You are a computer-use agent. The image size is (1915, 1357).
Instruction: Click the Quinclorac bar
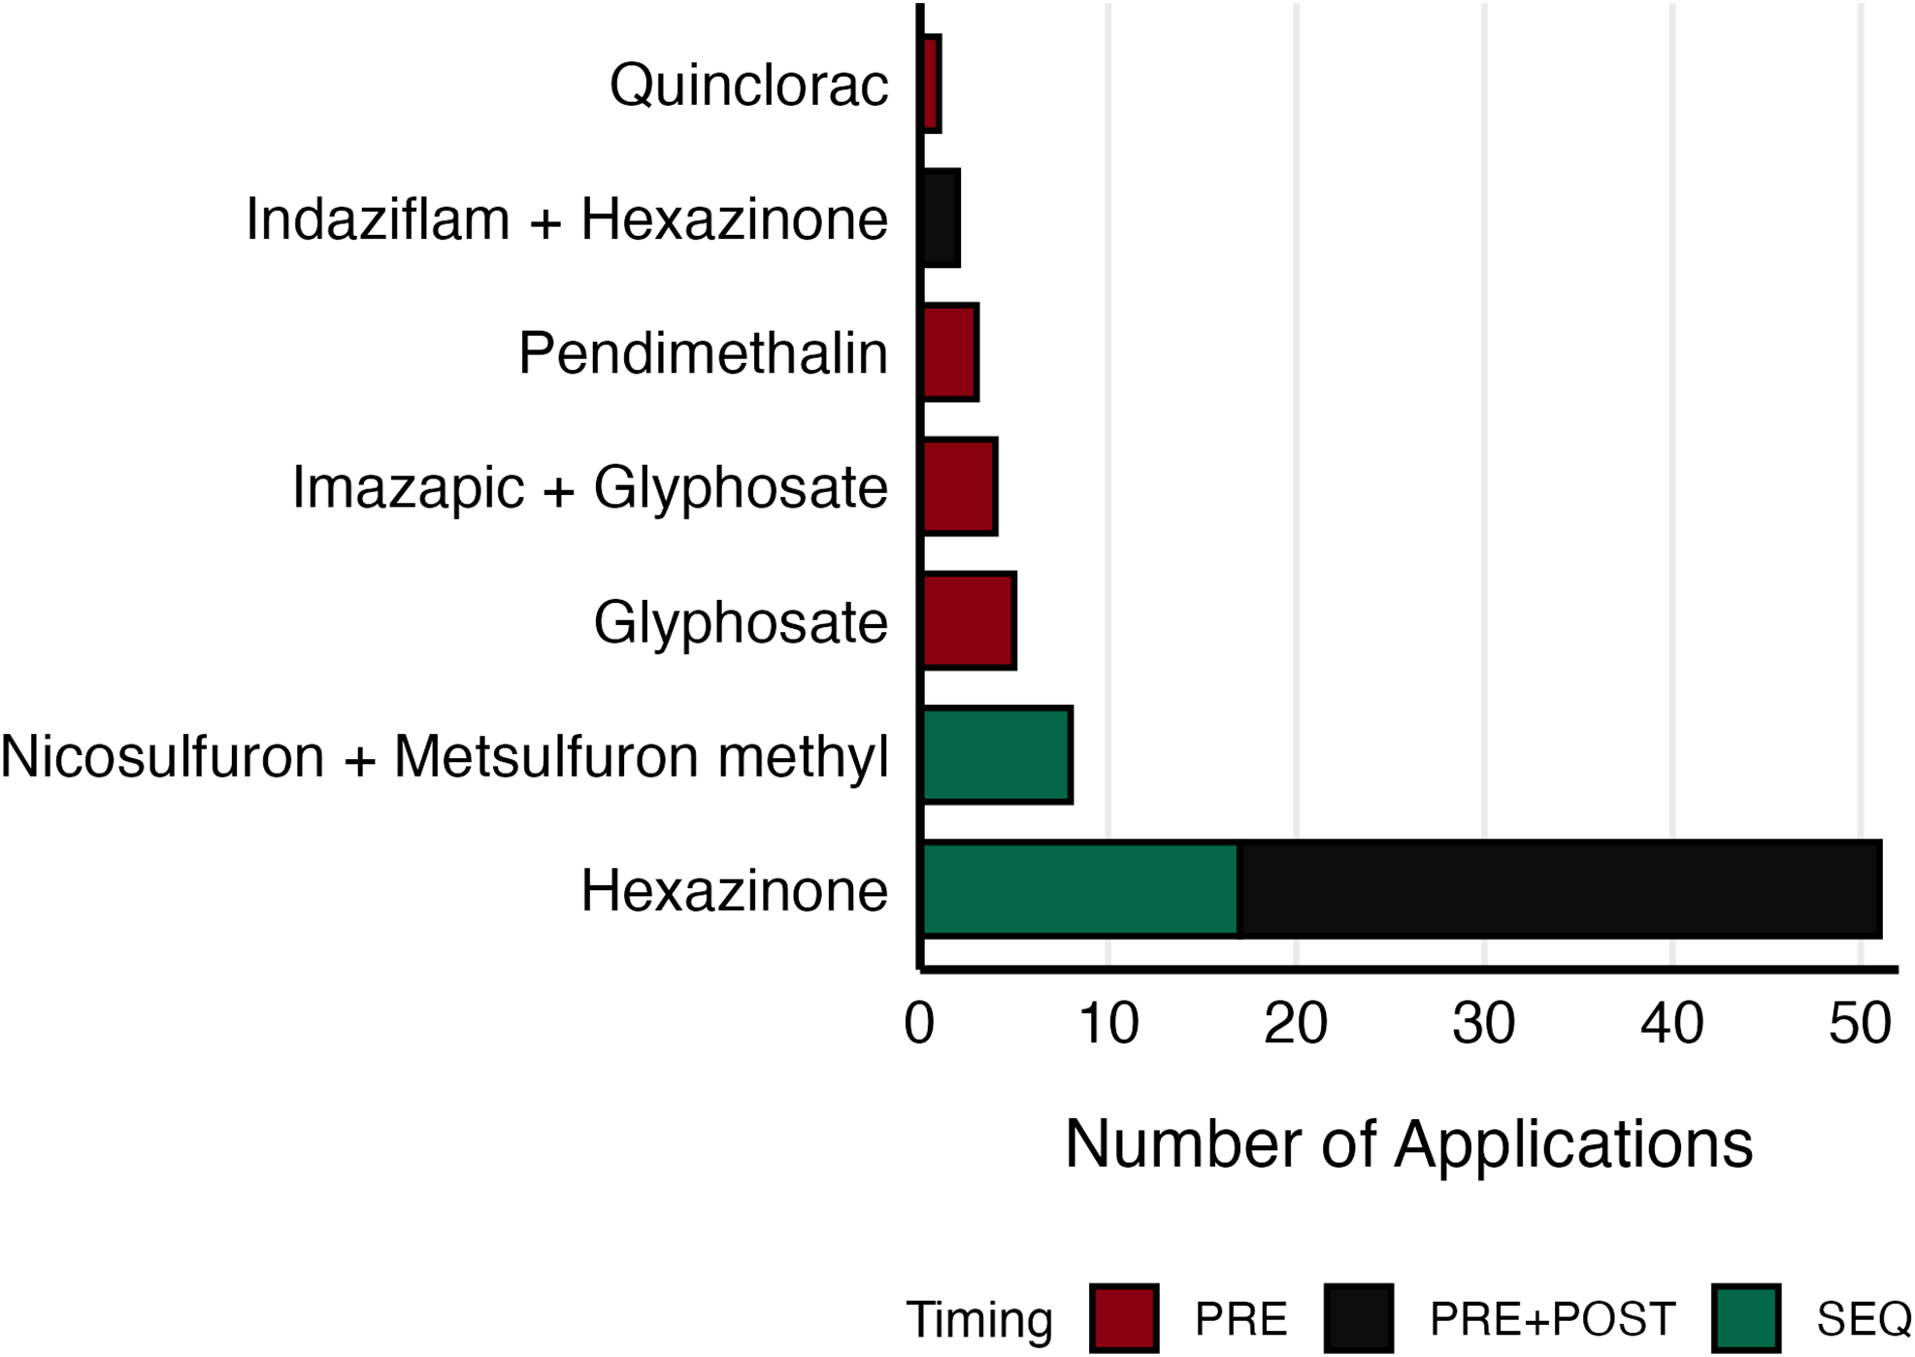931,84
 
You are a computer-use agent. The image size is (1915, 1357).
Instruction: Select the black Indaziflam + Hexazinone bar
941,218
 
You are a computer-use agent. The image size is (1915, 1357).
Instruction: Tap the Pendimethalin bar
949,352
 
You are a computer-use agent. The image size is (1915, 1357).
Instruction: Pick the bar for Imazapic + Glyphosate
959,486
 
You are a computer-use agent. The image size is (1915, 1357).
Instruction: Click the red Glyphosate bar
969,621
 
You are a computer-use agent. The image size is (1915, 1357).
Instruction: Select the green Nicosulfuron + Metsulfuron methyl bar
997,755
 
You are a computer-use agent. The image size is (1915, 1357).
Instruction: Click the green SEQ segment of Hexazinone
1080,889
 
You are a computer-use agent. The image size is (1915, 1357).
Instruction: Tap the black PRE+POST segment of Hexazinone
1560,889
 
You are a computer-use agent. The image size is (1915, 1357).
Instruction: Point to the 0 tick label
919,1023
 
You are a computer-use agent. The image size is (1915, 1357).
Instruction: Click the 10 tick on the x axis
1107,1023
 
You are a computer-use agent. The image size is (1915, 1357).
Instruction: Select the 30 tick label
1484,1023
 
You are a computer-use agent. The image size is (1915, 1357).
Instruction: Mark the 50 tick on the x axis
1860,1023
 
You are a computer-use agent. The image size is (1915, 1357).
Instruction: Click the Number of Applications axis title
1408,1143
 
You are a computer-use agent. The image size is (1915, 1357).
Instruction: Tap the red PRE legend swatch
1124,1318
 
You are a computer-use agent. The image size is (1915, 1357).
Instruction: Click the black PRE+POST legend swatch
1358,1318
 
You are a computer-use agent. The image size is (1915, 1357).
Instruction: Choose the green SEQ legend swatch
1746,1318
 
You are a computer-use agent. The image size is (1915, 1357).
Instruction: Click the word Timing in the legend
978,1319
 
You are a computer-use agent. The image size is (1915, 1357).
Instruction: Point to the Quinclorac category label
748,85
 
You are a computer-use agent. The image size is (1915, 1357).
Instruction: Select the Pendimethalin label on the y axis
703,353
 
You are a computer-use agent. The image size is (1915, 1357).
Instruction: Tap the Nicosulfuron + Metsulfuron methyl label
445,756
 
